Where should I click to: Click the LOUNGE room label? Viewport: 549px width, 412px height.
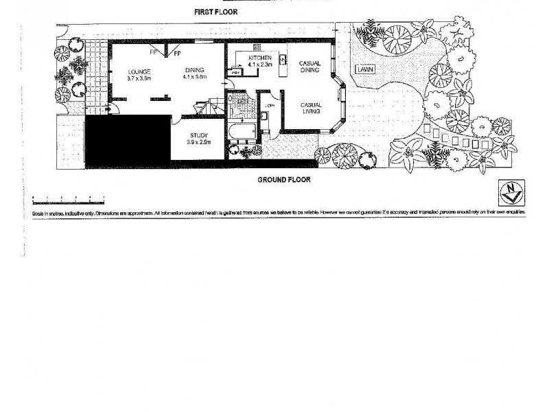pos(139,71)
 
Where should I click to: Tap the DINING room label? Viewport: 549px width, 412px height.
pos(195,69)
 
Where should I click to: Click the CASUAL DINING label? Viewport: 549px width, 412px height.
pos(310,67)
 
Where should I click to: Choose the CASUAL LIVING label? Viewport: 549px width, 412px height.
pos(310,108)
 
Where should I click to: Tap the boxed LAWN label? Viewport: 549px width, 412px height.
pos(364,69)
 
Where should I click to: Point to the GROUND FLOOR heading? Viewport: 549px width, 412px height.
pos(284,180)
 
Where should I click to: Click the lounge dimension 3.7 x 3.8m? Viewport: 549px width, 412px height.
pos(139,78)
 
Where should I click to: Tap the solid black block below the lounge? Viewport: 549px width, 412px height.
pos(127,141)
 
